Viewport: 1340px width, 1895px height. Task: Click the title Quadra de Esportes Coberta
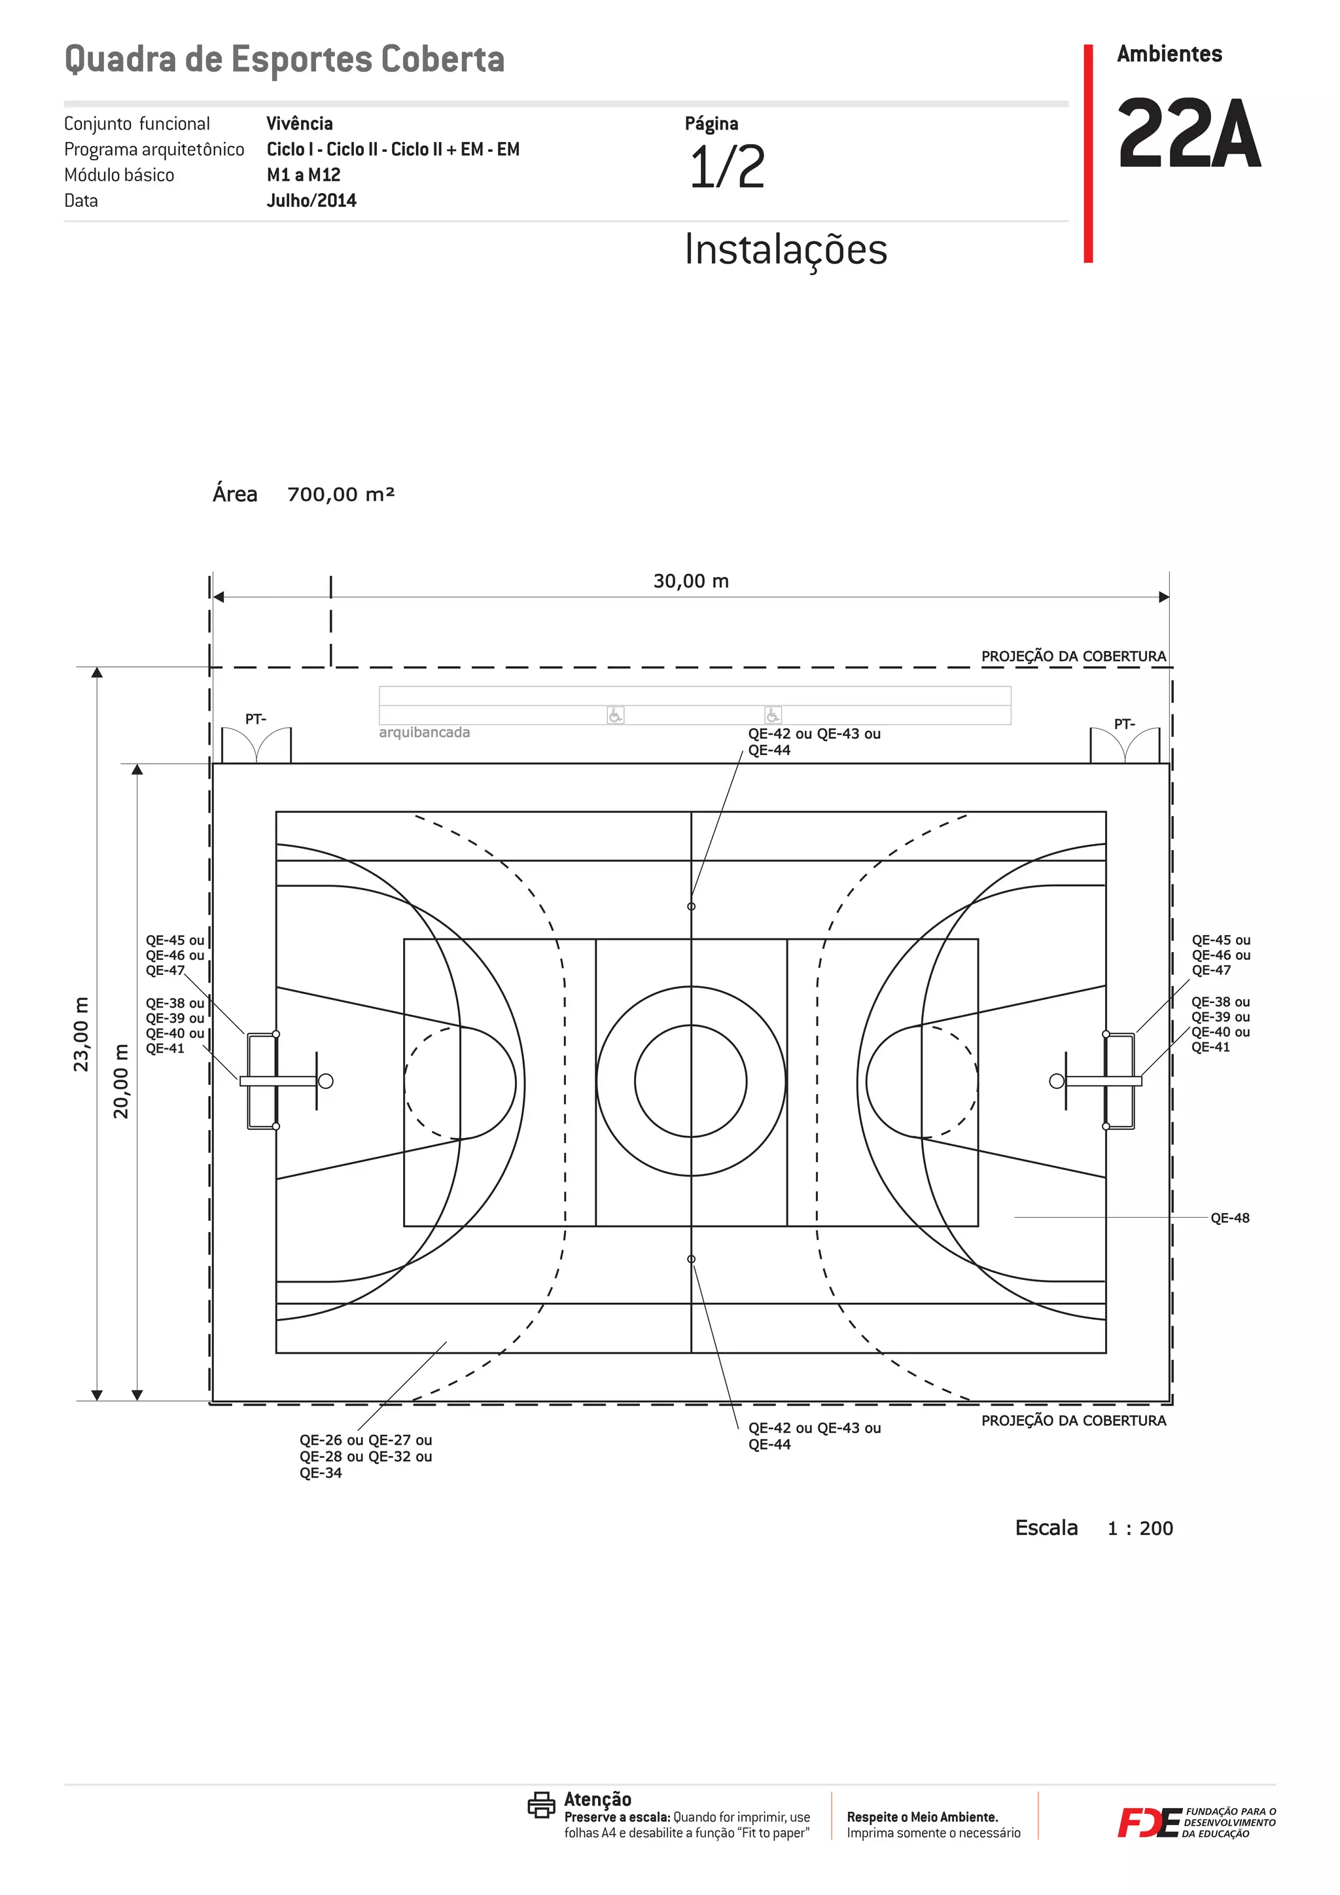point(284,60)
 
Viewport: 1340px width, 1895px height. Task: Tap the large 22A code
point(1189,133)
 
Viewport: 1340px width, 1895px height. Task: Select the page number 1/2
point(727,167)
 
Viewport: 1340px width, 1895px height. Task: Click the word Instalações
point(786,250)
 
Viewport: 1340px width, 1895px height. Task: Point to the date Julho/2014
point(311,201)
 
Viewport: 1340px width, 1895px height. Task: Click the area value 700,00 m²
point(341,495)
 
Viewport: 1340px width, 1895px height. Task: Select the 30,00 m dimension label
point(692,581)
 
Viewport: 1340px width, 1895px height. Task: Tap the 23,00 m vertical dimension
point(81,1034)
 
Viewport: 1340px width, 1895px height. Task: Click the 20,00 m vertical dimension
point(121,1081)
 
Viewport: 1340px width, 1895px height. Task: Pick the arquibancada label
point(424,732)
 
